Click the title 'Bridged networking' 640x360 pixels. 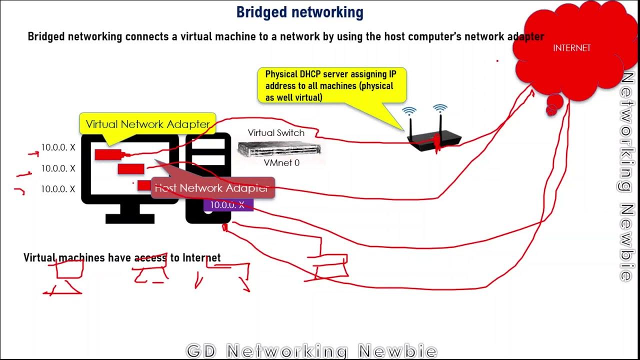pyautogui.click(x=299, y=12)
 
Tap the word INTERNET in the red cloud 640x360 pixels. pyautogui.click(x=571, y=48)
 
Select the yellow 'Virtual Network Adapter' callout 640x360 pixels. pyautogui.click(x=148, y=124)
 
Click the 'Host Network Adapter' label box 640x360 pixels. pyautogui.click(x=212, y=188)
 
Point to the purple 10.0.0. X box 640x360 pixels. pyautogui.click(x=228, y=204)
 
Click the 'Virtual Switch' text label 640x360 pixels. pyautogui.click(x=276, y=133)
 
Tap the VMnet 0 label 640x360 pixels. pyautogui.click(x=281, y=162)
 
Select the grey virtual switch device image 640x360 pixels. pyautogui.click(x=279, y=148)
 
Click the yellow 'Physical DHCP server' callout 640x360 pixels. pyautogui.click(x=332, y=85)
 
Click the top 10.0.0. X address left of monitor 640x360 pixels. pyautogui.click(x=58, y=147)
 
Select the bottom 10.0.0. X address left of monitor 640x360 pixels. pyautogui.click(x=58, y=189)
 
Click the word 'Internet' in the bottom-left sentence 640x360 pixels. pyautogui.click(x=201, y=257)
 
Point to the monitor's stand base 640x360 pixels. pyautogui.click(x=130, y=218)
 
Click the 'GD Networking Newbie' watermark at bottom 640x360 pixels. pyautogui.click(x=311, y=351)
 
